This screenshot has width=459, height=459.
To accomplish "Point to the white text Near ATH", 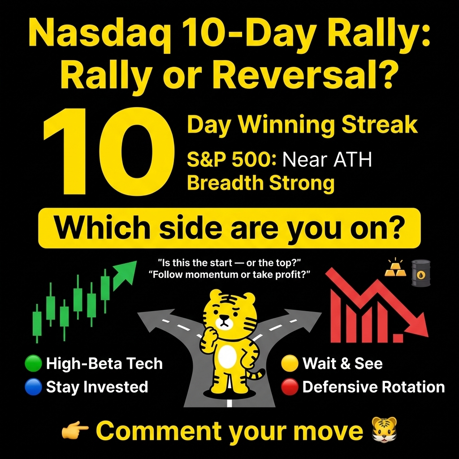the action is [x=327, y=160].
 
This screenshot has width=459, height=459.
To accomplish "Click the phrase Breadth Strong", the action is [x=260, y=183].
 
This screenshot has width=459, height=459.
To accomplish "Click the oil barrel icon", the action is [x=421, y=273].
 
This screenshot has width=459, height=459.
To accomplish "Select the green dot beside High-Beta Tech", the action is [x=33, y=364].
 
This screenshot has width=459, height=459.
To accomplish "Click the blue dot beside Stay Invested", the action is [x=33, y=387].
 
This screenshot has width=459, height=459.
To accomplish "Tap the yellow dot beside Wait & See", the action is [x=290, y=364].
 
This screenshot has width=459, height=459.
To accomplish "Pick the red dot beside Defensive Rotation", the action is [x=290, y=387].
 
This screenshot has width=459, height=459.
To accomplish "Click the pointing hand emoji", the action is [x=75, y=431].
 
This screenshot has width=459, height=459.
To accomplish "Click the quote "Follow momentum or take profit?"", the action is [x=229, y=275].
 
